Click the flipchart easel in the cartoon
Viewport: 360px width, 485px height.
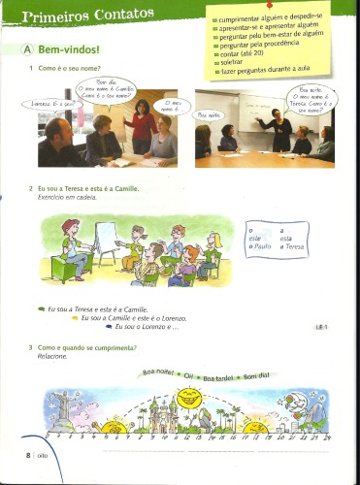[106, 238]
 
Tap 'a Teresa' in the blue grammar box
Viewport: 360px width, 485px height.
[292, 247]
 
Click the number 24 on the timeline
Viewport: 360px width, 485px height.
[327, 438]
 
